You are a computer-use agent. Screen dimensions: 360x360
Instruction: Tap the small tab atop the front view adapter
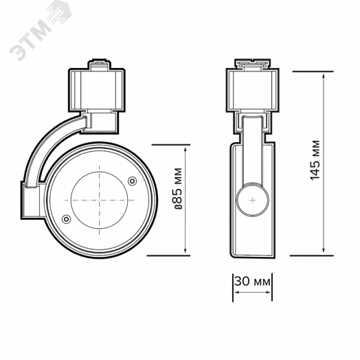[99, 65]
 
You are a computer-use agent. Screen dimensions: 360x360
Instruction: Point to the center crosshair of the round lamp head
[100, 200]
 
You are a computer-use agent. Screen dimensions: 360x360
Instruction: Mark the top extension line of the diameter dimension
[168, 146]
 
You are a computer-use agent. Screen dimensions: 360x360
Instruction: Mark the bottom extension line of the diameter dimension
[168, 256]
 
